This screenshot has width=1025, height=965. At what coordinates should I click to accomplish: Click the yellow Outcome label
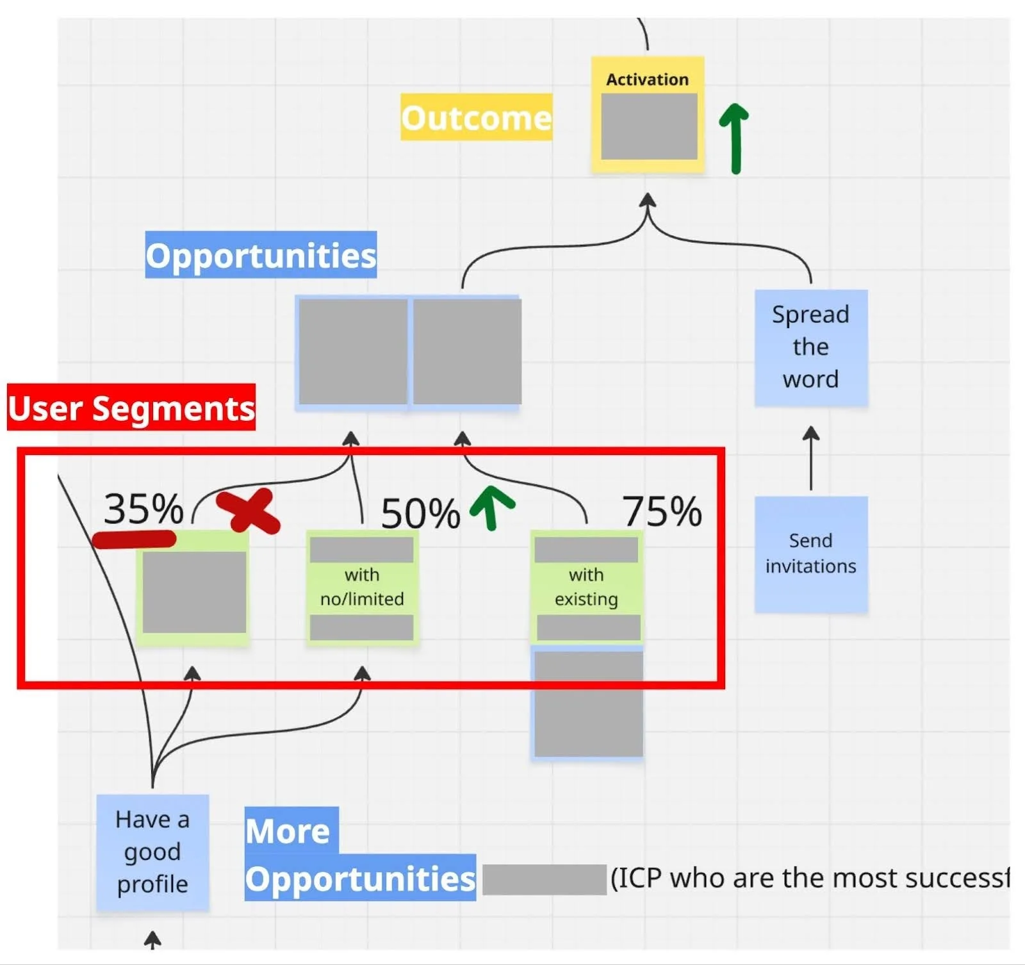pos(476,117)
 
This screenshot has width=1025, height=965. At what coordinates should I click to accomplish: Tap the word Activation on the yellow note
pos(647,79)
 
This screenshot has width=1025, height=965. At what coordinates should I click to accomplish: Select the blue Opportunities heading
pos(261,255)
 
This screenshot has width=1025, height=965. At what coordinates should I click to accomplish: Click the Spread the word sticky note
pos(810,347)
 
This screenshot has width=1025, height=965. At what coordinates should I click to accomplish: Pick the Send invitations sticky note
pos(810,554)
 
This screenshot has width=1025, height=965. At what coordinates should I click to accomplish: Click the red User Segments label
pos(131,408)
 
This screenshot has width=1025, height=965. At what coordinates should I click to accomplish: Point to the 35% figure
pos(143,509)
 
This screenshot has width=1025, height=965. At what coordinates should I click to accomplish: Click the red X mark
pos(249,511)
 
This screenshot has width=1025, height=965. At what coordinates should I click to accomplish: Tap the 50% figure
pos(420,513)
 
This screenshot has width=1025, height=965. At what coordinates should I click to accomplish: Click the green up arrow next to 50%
pos(491,507)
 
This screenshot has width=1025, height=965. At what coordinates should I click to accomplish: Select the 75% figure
pos(662,511)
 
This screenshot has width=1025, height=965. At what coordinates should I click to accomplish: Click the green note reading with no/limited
pos(362,587)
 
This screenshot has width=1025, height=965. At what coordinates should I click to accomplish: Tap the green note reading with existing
pos(586,587)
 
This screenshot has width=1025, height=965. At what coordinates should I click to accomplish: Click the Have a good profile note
pos(152,852)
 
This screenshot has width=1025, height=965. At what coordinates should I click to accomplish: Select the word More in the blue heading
pos(288,831)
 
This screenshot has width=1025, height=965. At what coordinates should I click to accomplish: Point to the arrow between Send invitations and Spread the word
pos(811,458)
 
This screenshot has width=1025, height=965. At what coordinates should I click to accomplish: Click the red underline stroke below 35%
pos(134,539)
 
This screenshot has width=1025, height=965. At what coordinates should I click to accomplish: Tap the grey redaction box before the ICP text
pos(544,879)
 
